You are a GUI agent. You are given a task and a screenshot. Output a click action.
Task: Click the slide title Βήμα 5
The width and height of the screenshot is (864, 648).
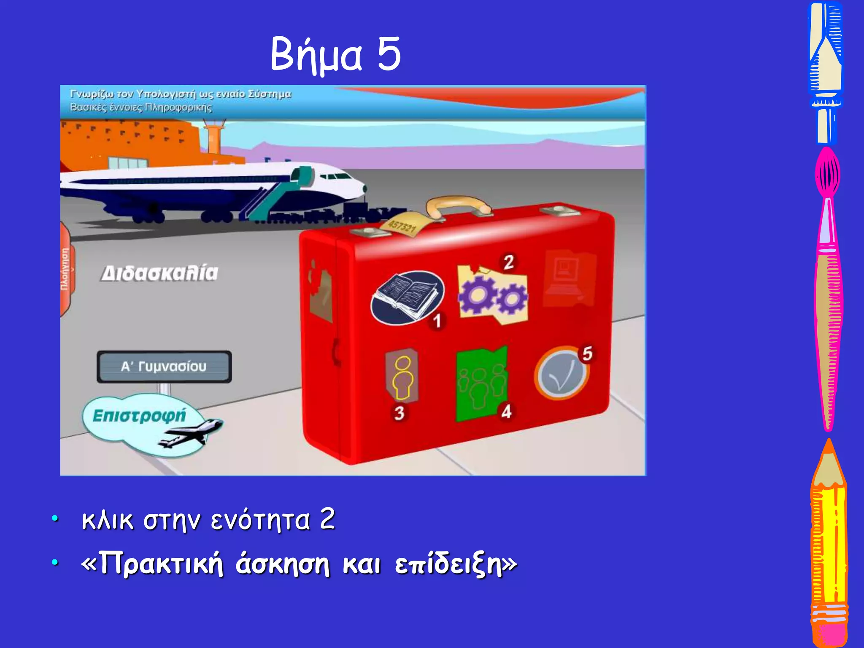point(335,54)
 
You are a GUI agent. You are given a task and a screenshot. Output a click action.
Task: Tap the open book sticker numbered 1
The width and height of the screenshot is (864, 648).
point(407,297)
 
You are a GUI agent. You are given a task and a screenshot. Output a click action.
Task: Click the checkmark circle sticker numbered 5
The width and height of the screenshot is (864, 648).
point(561,373)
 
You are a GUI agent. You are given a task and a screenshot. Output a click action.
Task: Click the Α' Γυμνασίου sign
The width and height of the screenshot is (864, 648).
point(164,366)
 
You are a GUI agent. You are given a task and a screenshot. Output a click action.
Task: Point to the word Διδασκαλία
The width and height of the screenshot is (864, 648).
point(160,273)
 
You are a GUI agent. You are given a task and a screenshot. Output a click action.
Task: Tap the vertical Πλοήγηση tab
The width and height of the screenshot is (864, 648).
point(65,269)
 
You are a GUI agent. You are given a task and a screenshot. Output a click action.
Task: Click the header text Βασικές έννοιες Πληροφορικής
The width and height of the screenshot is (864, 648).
point(141,107)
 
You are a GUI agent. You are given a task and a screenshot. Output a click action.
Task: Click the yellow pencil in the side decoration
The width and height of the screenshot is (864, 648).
point(829,544)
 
